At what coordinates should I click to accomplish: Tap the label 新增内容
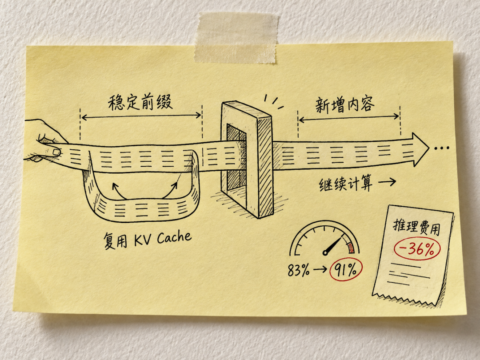345,105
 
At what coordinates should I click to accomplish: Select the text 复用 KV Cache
147,240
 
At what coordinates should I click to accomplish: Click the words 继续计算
346,183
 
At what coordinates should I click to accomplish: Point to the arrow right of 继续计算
387,182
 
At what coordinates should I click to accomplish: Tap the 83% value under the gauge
299,270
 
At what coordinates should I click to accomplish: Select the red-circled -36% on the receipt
417,248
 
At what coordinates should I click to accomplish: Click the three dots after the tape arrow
442,148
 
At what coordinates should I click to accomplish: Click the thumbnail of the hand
56,152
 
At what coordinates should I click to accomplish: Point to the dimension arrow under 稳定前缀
141,116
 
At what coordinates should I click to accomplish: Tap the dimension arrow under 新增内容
349,118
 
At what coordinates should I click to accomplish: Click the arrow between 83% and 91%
320,270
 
